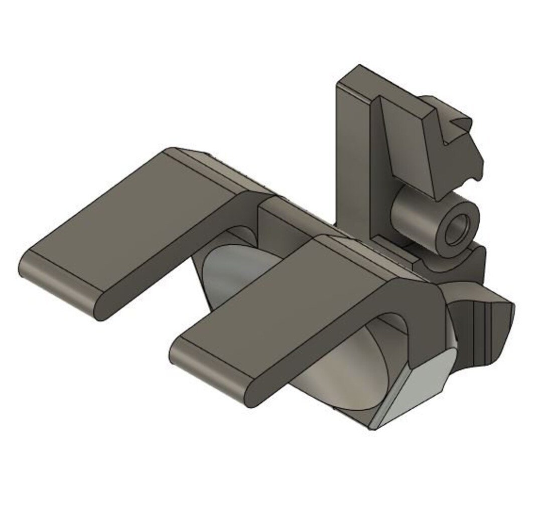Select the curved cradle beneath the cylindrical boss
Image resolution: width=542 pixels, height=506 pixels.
(x=452, y=263)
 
